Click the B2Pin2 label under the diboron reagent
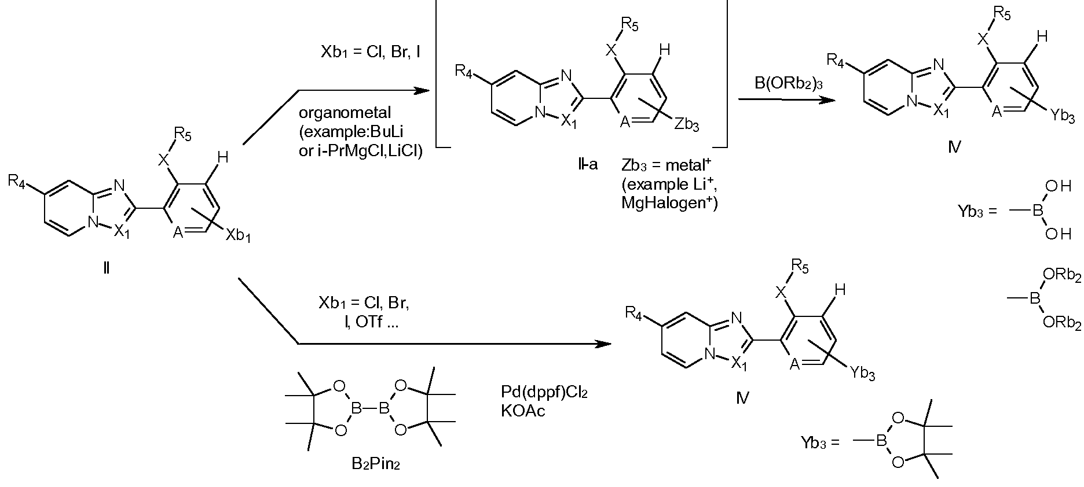click(368, 463)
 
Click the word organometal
click(345, 113)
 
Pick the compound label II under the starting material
click(106, 268)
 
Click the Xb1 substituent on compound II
click(238, 235)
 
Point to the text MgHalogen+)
click(669, 204)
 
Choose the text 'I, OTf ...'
click(371, 323)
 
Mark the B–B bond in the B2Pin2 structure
click(368, 408)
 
